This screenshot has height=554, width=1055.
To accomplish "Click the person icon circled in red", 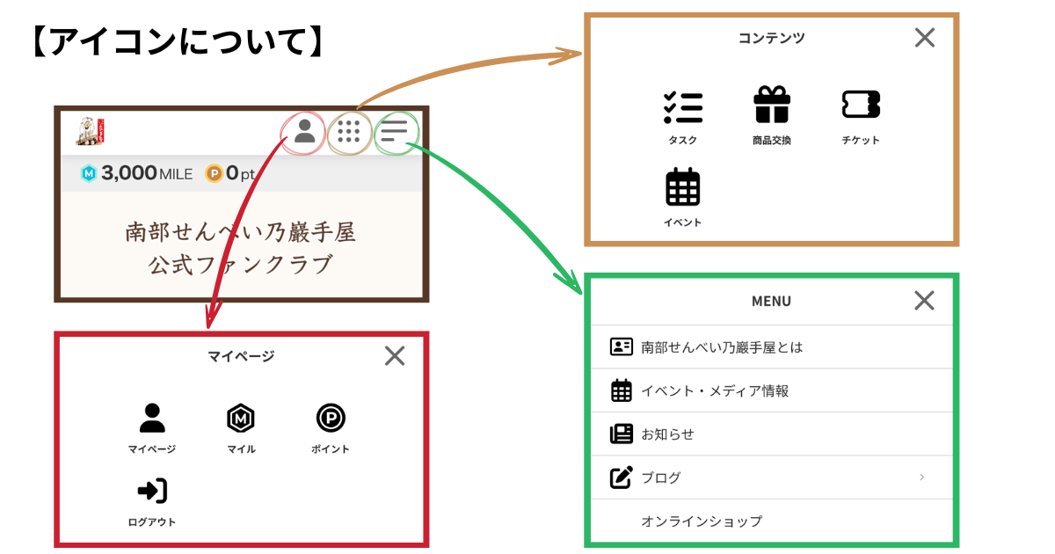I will coord(305,132).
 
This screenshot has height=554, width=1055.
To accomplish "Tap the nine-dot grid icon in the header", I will coord(349,133).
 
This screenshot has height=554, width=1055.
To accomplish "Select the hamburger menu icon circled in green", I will coord(394,132).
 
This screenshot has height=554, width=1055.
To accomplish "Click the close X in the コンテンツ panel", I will coord(925,38).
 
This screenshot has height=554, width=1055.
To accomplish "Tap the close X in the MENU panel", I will coord(924,301).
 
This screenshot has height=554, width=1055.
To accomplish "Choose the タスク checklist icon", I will coord(683,106).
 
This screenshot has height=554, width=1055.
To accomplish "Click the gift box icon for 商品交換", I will coord(772,106).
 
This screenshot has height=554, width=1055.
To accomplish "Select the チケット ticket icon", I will coord(861,105).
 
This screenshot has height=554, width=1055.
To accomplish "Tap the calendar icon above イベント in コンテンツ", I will coord(683,186).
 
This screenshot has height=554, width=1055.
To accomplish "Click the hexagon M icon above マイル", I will coord(240,419).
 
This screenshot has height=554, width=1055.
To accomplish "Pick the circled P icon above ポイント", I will coord(331,419).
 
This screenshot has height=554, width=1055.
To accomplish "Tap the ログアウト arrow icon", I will coord(152,491).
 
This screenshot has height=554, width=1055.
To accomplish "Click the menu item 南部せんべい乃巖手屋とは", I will coord(722,347).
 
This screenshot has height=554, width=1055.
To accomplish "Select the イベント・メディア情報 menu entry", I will coord(714,391).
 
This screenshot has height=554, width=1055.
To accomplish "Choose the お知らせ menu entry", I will coord(667,434).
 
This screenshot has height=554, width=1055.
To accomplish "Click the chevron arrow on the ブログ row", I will coord(921,477).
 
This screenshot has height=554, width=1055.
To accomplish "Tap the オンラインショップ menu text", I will coord(702,521).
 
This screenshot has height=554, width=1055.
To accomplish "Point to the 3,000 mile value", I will coord(129,173).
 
